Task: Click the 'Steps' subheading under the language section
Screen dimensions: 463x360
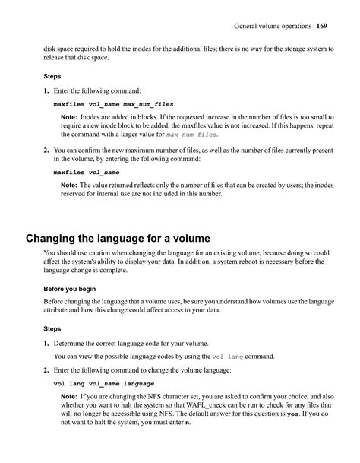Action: click(x=52, y=329)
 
